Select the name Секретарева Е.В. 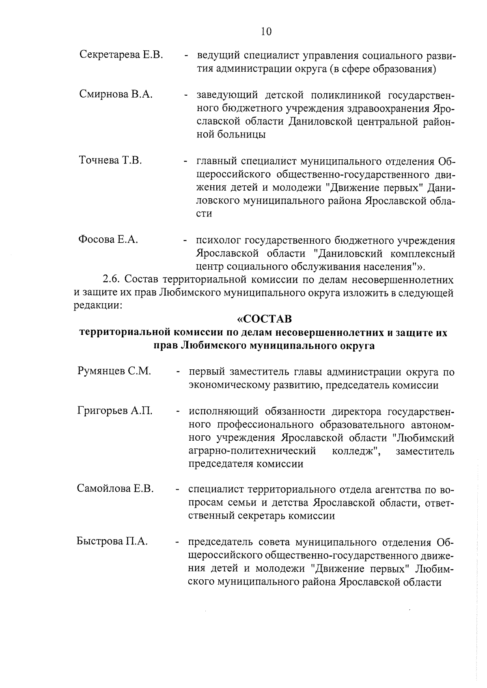click(121, 54)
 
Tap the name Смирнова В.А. click(116, 95)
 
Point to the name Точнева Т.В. click(110, 161)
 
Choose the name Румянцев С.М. click(114, 371)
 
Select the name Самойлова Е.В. click(115, 489)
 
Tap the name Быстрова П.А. click(112, 541)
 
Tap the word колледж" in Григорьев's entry click(356, 451)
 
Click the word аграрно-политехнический click(252, 451)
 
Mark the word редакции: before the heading click(97, 305)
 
